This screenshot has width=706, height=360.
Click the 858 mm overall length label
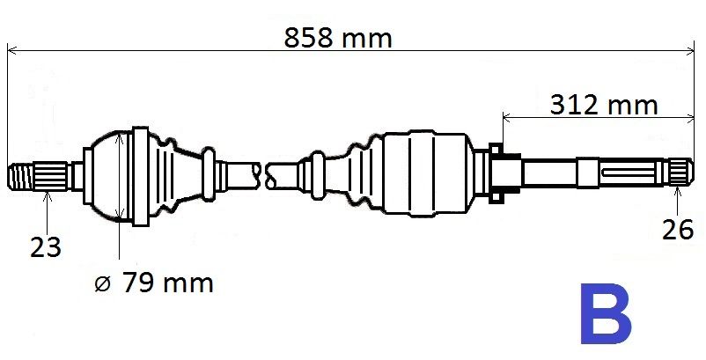click(x=338, y=38)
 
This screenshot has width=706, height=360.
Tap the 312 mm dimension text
click(x=604, y=105)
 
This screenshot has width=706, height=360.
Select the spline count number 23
click(x=45, y=248)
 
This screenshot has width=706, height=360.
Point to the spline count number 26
click(x=676, y=229)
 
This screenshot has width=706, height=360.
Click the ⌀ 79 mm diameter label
click(x=154, y=283)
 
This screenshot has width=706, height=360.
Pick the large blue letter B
click(x=605, y=313)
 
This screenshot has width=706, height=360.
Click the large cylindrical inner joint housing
click(x=427, y=173)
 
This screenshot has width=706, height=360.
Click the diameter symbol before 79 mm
click(x=102, y=283)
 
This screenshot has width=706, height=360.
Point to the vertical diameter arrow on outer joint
click(x=118, y=176)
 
